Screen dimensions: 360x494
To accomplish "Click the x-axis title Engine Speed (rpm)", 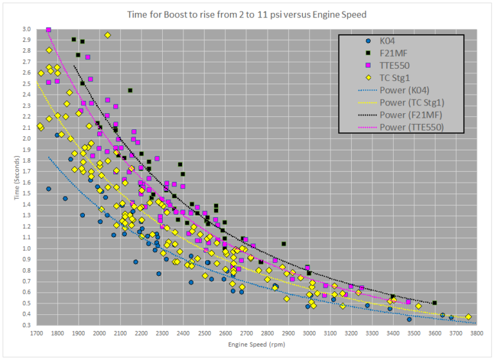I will coord(256,345).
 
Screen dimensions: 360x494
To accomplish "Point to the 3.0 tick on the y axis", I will coord(26,30).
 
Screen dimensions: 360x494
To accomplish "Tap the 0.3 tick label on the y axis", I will coord(26,325).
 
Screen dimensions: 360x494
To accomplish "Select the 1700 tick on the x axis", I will coord(37,333).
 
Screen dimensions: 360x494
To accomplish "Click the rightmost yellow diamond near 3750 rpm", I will coord(468,317).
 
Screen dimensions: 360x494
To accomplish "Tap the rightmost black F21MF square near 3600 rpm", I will coord(435,303).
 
